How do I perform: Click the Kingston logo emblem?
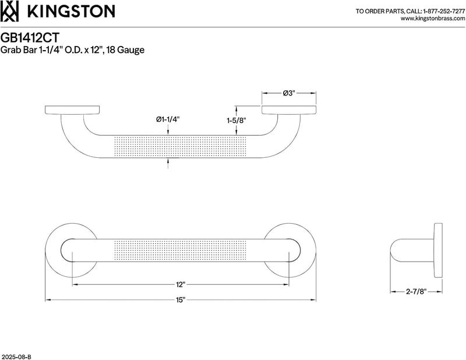[9, 11]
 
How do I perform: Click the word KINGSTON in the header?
[71, 11]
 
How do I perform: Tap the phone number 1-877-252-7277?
[444, 11]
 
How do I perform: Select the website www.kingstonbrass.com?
[433, 19]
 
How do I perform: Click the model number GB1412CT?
[30, 38]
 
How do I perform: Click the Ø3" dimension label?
[288, 93]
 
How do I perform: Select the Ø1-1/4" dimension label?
[168, 119]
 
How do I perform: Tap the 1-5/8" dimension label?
[237, 121]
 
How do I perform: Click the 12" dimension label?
[181, 284]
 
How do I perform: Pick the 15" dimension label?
[181, 300]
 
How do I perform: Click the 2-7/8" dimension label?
[416, 292]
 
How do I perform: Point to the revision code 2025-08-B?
[16, 357]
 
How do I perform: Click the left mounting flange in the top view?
[72, 110]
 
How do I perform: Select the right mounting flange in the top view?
[288, 110]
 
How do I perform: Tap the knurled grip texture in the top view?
[181, 147]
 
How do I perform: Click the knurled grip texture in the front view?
[181, 250]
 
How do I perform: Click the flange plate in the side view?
[438, 250]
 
